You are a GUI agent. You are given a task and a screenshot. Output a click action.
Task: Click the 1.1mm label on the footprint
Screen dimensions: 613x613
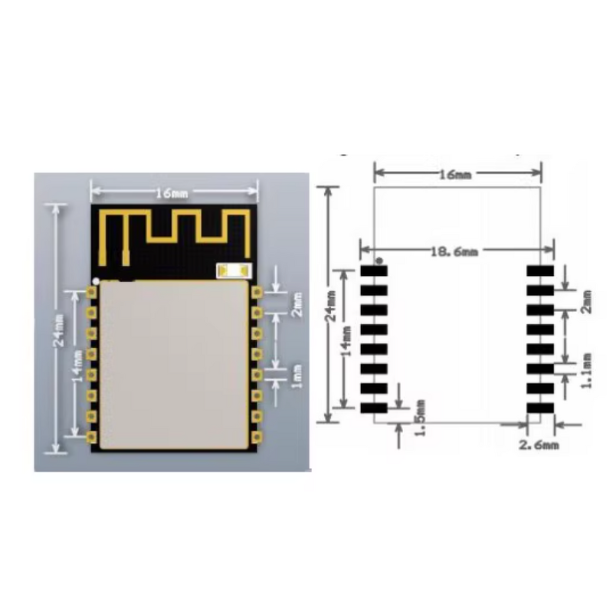pos(586,370)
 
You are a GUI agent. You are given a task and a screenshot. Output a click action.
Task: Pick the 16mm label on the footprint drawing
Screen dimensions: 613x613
pos(455,175)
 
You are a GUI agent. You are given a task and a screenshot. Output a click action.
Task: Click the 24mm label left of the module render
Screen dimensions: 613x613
pos(58,329)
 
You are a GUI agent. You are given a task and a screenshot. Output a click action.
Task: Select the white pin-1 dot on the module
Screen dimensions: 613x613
pos(96,280)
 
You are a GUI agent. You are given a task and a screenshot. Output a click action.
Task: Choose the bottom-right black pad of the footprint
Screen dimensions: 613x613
pos(539,408)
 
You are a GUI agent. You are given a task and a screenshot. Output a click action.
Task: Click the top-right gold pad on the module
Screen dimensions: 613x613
pos(256,292)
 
